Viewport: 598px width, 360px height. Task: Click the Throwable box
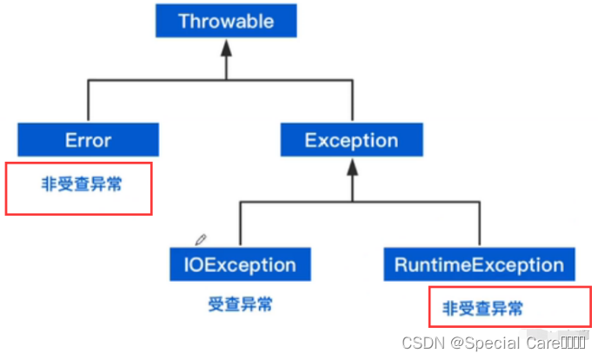226,21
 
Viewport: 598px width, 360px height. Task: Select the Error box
88,139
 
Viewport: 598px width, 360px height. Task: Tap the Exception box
351,139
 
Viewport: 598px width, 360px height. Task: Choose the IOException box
240,263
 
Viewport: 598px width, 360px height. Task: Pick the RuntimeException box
479,263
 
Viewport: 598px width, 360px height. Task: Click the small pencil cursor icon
201,238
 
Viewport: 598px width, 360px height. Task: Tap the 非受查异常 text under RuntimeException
483,308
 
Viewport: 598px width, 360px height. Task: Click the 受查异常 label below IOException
240,304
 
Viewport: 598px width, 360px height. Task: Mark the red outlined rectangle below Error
79,187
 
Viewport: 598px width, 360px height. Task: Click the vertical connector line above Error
88,101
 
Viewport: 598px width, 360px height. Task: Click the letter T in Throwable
184,22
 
